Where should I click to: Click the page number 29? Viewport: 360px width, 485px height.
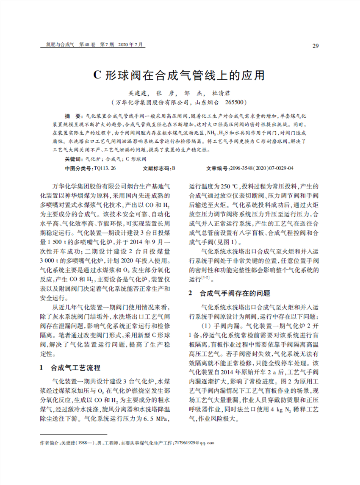[x=316, y=46]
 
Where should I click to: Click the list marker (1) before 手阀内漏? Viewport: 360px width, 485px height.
[x=206, y=326]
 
